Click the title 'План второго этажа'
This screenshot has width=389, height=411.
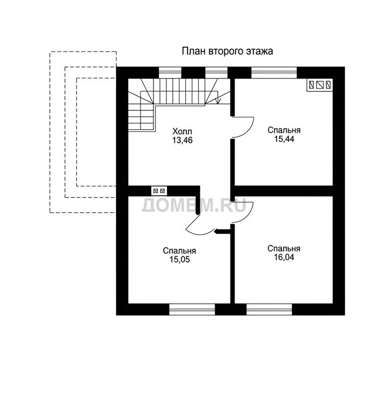tap(227, 51)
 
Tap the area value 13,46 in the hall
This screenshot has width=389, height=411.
tap(182, 140)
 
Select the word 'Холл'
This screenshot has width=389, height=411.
tap(182, 131)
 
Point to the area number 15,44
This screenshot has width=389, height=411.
tap(284, 139)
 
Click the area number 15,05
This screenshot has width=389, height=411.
tap(179, 260)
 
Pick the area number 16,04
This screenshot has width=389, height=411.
tap(284, 257)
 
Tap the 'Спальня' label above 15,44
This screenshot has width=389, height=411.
tap(284, 130)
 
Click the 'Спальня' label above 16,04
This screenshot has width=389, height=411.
tap(284, 248)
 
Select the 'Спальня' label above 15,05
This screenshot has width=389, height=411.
tap(179, 250)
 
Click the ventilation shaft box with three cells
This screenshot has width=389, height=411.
tap(320, 85)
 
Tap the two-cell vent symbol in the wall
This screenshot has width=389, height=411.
tap(159, 191)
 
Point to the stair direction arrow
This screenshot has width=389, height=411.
tap(217, 101)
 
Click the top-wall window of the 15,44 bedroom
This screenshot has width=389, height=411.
tap(274, 73)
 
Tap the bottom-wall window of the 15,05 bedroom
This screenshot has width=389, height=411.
tap(192, 309)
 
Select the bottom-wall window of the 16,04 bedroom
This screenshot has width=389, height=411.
tap(269, 309)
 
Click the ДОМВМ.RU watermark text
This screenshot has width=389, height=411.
tap(194, 205)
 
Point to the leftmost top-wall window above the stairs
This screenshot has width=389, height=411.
tap(170, 73)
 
